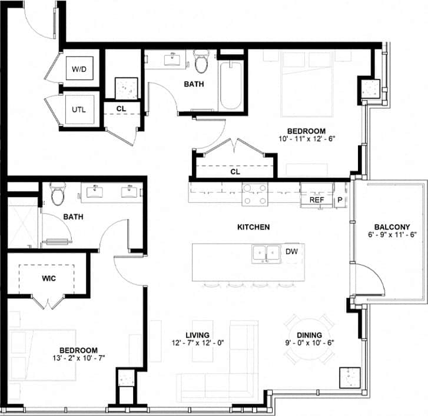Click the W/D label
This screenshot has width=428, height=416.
pos(79,69)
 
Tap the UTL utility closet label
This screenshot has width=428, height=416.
pos(79,109)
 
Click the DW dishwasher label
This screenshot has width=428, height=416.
pos(291,252)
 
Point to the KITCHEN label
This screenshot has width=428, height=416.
pos(253,227)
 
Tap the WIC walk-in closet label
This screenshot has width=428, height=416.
pos(49,278)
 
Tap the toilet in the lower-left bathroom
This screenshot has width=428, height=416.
pos(58,194)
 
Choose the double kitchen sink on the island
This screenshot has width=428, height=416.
pos(266,253)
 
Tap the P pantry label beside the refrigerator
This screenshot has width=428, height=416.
pos(340,200)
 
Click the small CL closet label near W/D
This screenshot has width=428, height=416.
pos(121,108)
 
